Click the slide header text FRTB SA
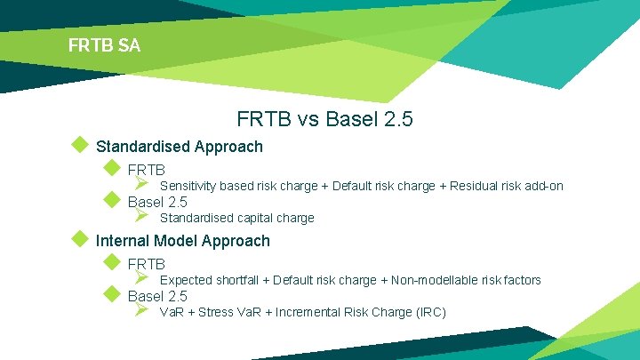[x=104, y=44]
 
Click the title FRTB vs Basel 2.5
[x=324, y=118]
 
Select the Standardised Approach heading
[x=179, y=147]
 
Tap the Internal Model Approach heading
[x=182, y=241]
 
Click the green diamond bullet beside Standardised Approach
[x=80, y=145]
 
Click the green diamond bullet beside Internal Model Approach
[x=80, y=239]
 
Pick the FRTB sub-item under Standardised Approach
[x=147, y=169]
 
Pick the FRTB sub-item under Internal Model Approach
[x=147, y=264]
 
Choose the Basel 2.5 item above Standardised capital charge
[x=157, y=202]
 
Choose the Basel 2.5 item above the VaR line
[x=157, y=296]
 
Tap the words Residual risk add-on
[x=506, y=186]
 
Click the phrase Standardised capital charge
[x=236, y=218]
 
